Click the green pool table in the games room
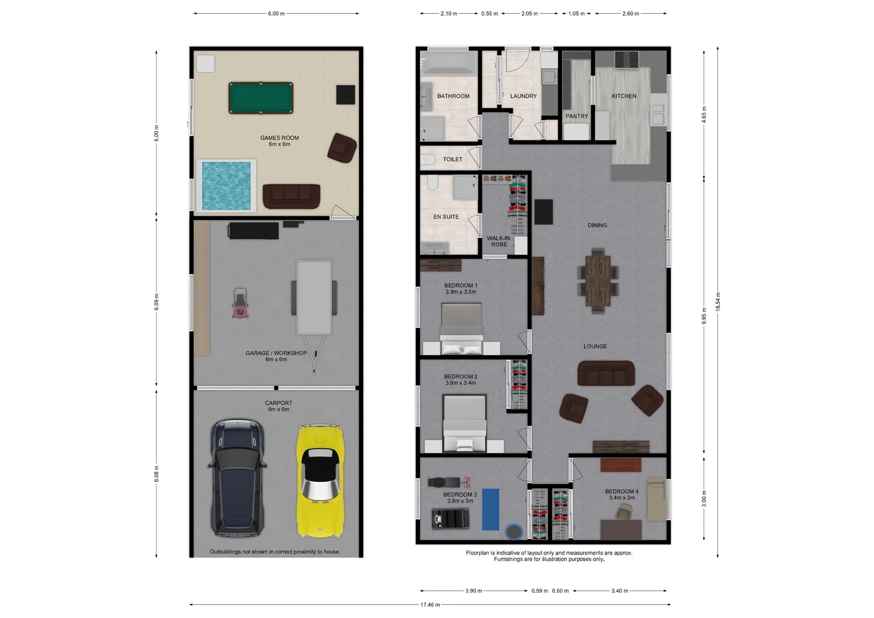261,98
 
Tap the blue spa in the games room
227,185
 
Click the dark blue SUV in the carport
238,477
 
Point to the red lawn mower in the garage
241,303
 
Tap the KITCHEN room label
624,96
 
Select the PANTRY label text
577,116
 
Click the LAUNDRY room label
523,96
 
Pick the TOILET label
452,160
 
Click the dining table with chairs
598,281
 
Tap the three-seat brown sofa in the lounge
606,374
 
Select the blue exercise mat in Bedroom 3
491,509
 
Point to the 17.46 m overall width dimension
430,605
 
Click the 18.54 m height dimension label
718,302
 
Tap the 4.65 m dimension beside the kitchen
704,113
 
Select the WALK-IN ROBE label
499,241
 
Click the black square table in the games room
345,94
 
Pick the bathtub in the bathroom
449,63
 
